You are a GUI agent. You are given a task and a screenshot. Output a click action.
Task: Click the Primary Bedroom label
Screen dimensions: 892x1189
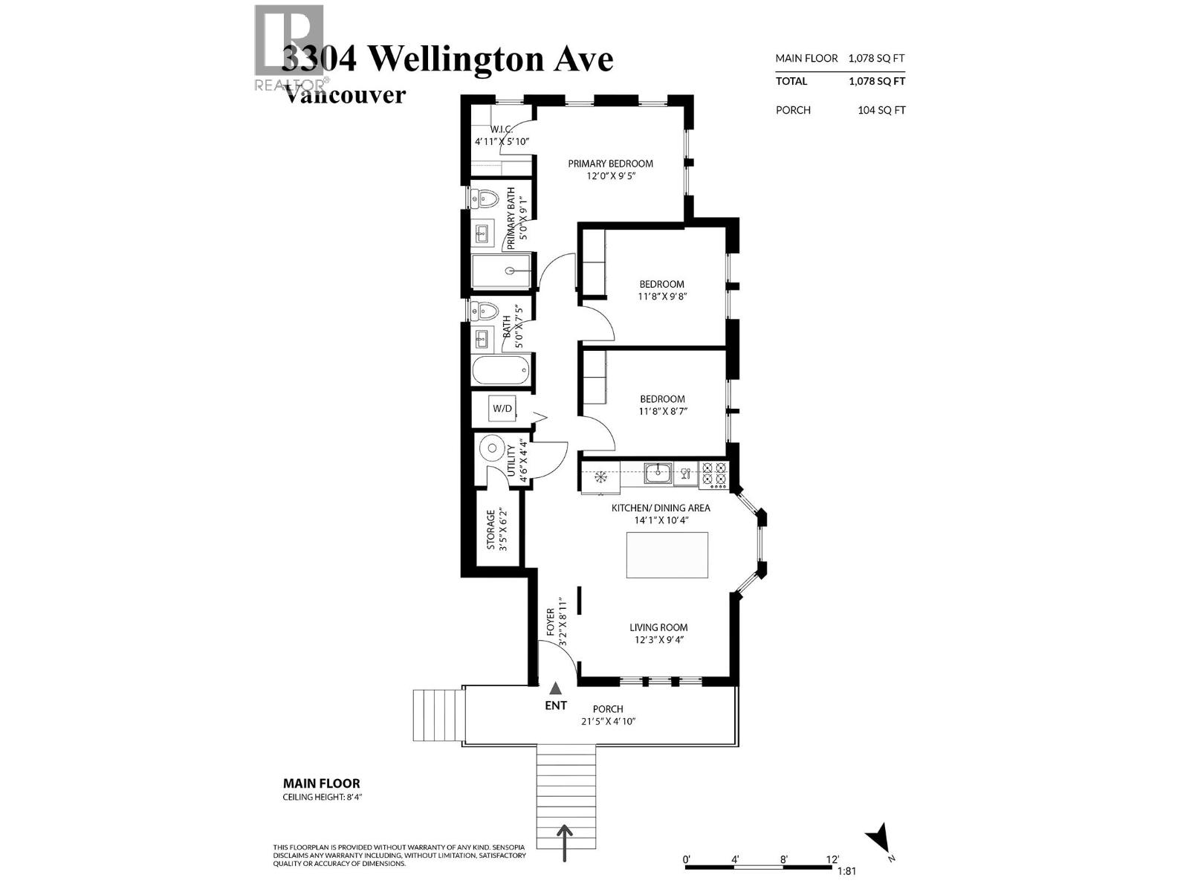coord(610,164)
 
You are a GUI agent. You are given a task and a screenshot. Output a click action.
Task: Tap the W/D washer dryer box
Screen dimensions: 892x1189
coord(502,408)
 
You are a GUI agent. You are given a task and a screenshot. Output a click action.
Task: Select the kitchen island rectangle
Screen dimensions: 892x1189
coord(667,555)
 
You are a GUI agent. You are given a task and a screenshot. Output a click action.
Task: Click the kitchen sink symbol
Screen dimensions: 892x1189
coord(658,473)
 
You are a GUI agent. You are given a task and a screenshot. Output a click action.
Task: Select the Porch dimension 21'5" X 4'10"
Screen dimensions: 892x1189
coord(608,721)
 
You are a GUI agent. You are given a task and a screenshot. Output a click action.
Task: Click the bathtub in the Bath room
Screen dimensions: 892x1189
coord(501,369)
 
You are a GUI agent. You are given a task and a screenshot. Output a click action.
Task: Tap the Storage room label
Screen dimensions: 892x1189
coord(490,529)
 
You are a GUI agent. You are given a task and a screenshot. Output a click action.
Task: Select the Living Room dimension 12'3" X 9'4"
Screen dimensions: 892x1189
coord(658,639)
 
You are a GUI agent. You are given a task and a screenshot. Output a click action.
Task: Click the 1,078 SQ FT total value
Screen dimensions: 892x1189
coord(877,82)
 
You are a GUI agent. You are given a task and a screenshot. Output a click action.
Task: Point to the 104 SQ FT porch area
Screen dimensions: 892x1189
coord(881,110)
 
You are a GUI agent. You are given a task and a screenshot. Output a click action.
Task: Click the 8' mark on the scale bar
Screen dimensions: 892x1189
coord(783,859)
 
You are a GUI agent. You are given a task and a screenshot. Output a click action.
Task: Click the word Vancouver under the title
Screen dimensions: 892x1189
coord(346,95)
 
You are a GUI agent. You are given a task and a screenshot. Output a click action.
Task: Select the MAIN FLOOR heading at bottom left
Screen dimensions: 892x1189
coord(321,783)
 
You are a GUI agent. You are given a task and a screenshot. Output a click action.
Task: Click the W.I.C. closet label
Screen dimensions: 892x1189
coord(502,129)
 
